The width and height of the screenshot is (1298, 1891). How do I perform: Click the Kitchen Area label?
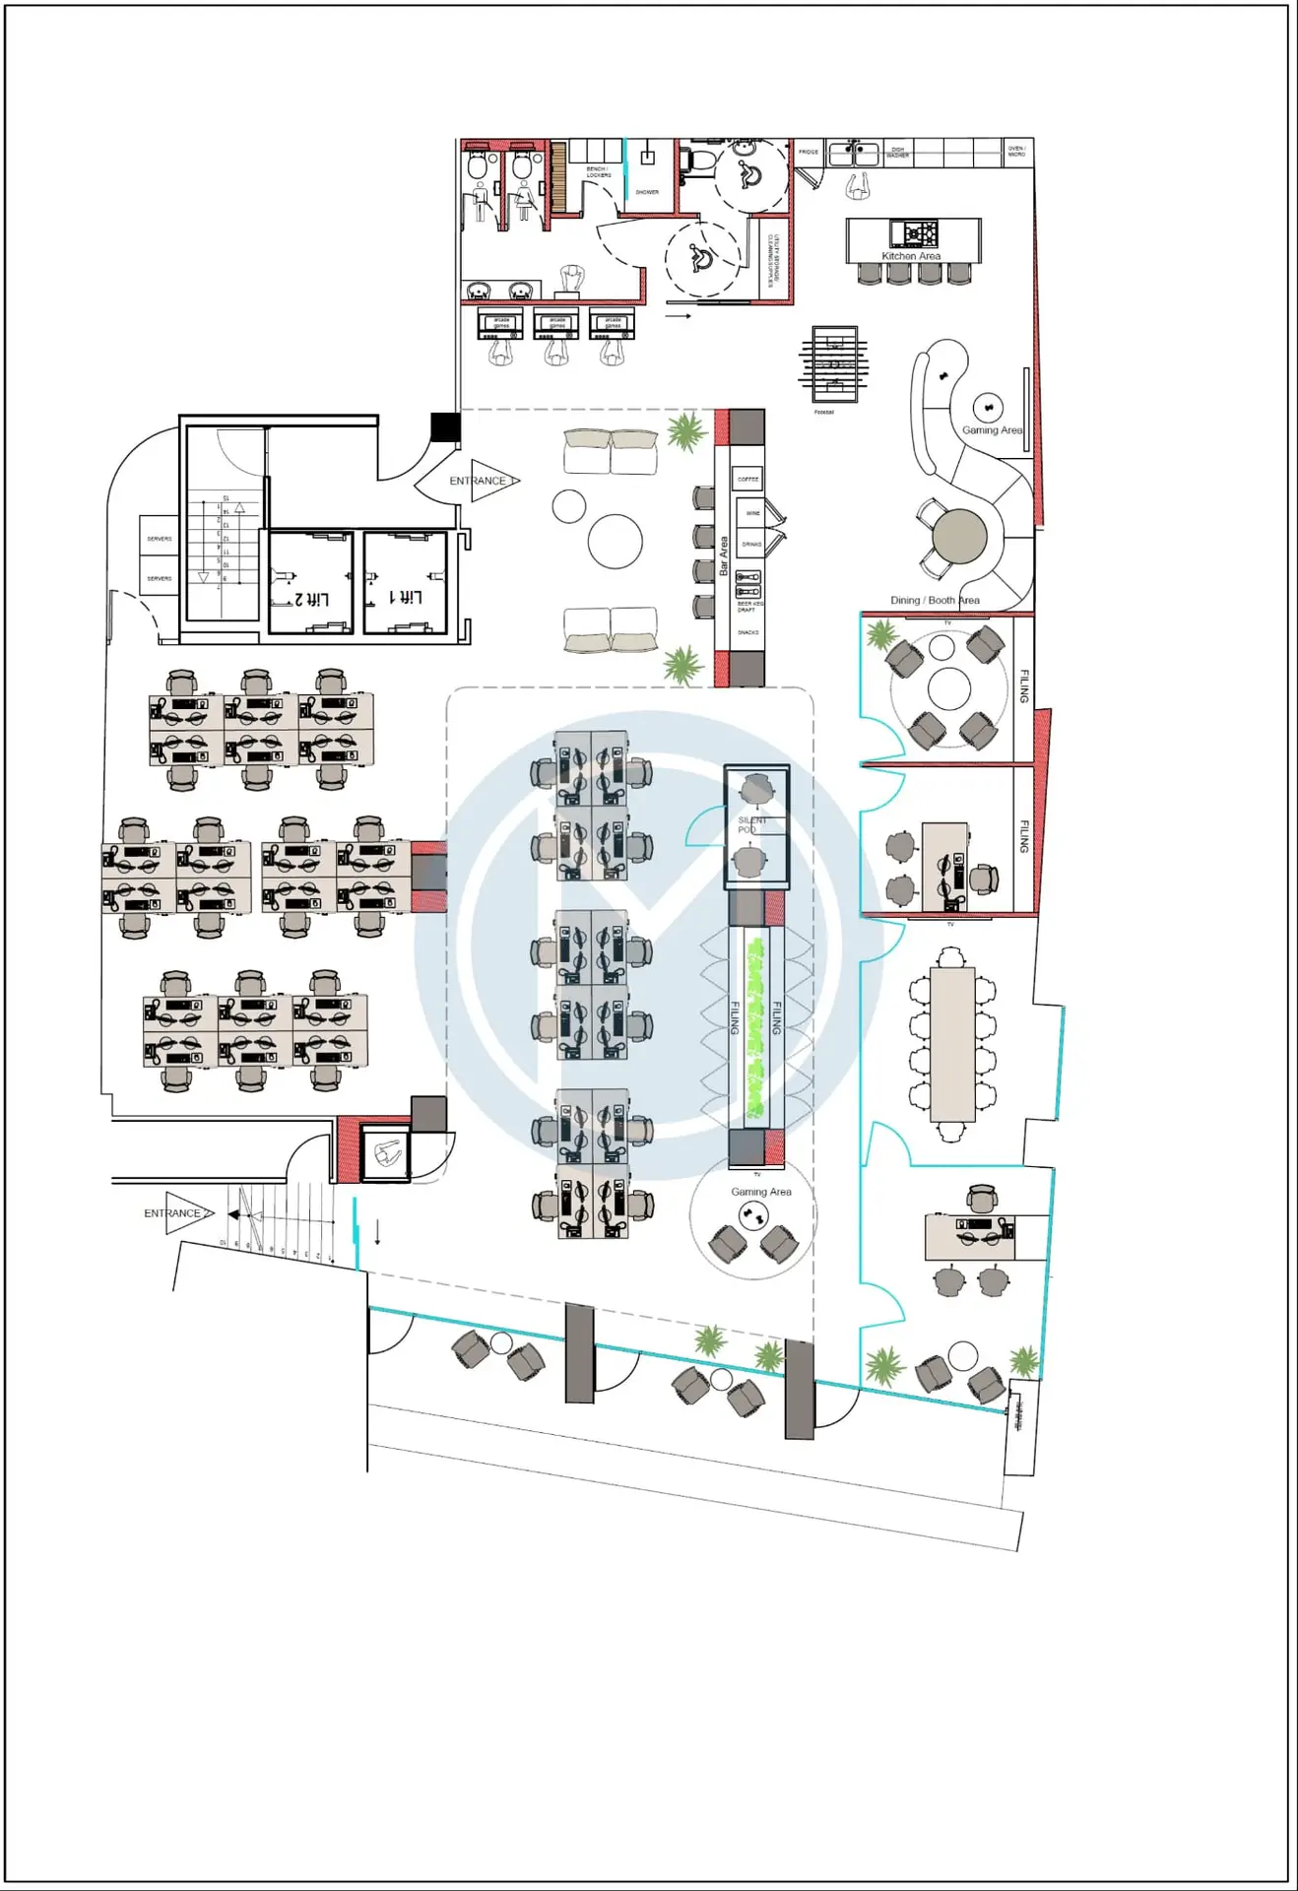(911, 256)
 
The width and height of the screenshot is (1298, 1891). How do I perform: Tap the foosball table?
(834, 363)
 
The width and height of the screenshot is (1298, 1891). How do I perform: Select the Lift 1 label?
(406, 598)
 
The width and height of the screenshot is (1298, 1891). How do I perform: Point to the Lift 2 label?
(312, 599)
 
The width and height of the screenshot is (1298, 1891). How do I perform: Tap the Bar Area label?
(724, 555)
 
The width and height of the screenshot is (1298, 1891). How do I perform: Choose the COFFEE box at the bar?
(748, 480)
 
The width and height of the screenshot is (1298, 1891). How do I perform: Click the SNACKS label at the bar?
(748, 632)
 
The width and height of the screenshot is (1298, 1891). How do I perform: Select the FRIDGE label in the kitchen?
(809, 153)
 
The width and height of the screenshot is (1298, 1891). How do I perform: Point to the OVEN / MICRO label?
(1016, 152)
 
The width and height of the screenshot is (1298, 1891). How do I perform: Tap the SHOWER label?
(647, 192)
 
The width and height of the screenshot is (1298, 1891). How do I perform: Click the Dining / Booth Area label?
(935, 600)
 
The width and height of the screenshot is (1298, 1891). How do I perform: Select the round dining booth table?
(959, 537)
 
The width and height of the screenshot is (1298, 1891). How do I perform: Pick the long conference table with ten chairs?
(952, 1044)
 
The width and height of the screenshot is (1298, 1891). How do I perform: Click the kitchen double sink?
(853, 154)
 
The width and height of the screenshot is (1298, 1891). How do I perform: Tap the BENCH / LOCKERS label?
(598, 172)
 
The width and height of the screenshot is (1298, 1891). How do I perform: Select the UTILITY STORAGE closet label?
(774, 259)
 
